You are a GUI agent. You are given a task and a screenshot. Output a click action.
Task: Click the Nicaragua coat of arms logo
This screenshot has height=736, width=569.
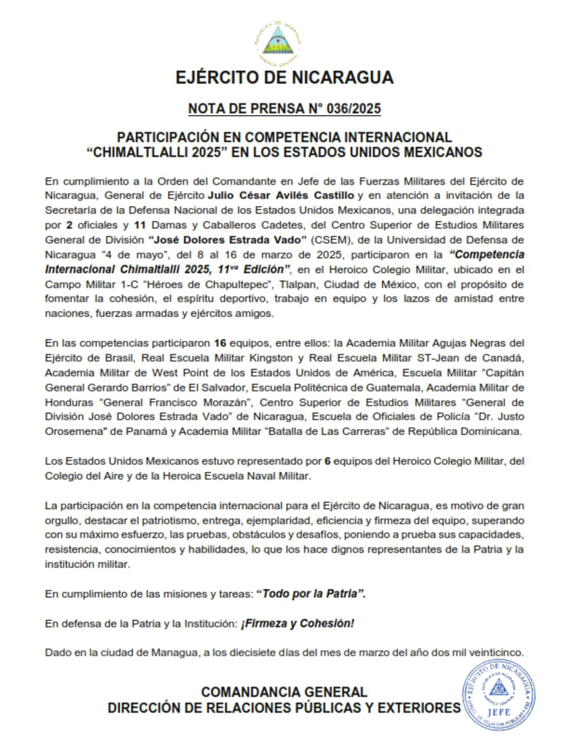coord(283,40)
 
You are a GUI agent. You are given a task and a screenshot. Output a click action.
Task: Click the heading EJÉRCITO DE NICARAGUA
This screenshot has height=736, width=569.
coord(284,77)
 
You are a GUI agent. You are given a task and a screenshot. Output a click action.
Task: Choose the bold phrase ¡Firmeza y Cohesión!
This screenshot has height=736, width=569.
coord(297,623)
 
